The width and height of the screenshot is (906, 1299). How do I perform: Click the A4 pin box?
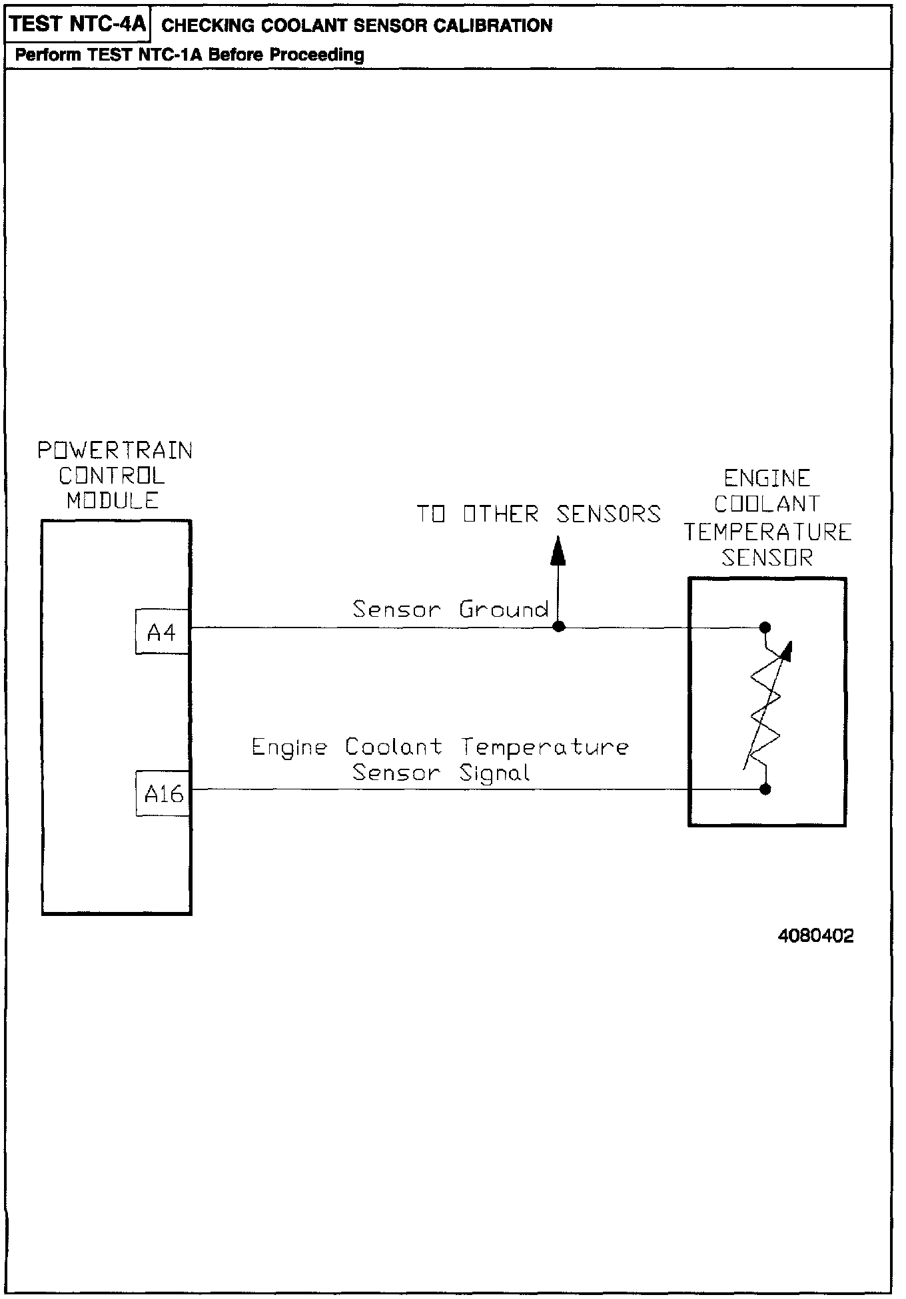(x=162, y=632)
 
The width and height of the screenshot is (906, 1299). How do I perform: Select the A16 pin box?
(x=163, y=793)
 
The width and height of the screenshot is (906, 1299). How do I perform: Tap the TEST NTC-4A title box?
(x=78, y=25)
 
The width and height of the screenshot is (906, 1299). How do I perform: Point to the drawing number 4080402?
(x=815, y=936)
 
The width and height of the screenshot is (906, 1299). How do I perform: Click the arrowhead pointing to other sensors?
(x=558, y=552)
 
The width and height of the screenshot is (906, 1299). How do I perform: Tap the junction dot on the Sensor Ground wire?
(x=559, y=626)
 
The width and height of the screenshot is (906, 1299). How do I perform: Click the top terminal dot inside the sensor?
(x=765, y=627)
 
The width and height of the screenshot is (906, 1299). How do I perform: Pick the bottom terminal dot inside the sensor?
(x=765, y=789)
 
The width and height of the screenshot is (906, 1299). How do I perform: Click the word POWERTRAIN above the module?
(x=115, y=451)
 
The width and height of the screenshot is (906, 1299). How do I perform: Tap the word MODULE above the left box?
(x=113, y=500)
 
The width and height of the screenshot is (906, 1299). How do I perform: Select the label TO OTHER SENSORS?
(x=538, y=514)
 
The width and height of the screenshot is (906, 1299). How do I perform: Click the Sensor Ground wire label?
(x=450, y=610)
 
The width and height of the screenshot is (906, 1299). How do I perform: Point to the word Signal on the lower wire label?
(x=495, y=773)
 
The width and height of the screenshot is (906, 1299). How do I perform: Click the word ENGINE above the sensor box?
(x=767, y=478)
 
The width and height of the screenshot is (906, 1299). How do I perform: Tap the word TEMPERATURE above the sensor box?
(x=767, y=532)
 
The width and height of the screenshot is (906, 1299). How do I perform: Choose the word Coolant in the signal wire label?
(x=393, y=747)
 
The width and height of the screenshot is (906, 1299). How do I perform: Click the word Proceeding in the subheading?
(x=317, y=55)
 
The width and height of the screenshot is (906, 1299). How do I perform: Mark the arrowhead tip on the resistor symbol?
(x=791, y=645)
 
